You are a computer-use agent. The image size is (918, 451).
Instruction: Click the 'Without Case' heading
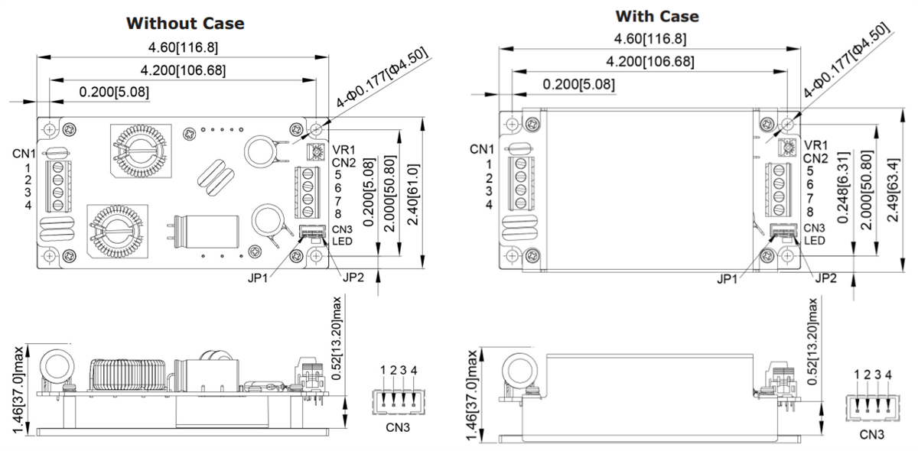point(185,23)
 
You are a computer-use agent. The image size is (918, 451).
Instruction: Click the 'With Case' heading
point(656,16)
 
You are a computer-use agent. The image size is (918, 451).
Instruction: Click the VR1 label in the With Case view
point(817,145)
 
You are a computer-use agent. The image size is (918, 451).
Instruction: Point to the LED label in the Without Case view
point(342,242)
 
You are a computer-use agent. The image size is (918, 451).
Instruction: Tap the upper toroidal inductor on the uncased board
point(138,149)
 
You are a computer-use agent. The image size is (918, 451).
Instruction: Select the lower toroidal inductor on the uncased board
point(117,229)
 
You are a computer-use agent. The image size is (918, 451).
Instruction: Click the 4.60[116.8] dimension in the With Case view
point(649,39)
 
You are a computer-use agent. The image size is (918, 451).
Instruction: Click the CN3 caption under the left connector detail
point(398,427)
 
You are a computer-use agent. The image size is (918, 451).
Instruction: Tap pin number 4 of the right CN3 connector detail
point(888,375)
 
